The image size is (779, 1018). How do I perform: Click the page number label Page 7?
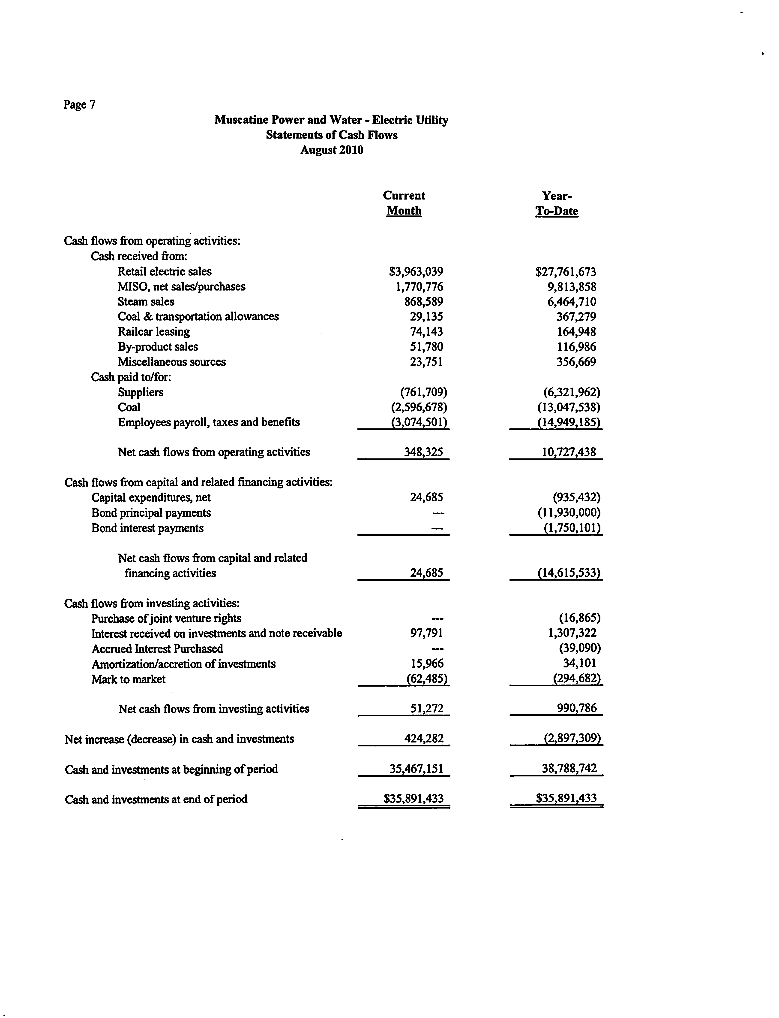(x=79, y=104)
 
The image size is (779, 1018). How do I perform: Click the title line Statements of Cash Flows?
(x=332, y=135)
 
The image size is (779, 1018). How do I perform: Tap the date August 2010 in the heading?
(x=332, y=150)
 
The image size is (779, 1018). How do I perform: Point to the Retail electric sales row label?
(x=165, y=271)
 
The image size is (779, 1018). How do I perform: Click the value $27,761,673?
(x=566, y=271)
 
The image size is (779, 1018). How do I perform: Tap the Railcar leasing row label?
(x=153, y=332)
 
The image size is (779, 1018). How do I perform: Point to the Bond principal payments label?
(x=151, y=513)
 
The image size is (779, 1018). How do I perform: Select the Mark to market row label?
(x=129, y=679)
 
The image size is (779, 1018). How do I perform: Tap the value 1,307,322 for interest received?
(x=572, y=633)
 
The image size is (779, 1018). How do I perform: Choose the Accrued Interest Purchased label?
(x=157, y=649)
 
